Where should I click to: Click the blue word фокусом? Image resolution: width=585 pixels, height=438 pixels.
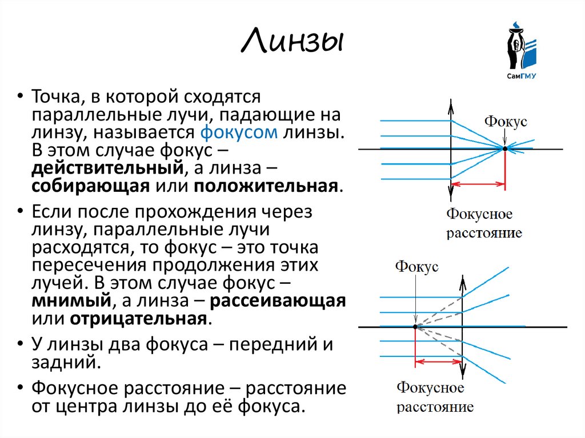pos(239,133)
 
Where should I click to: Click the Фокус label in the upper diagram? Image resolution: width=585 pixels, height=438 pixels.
pos(506,122)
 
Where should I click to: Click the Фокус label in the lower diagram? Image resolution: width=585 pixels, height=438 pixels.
pos(416,266)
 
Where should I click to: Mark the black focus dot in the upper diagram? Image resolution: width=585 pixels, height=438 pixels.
pos(505,149)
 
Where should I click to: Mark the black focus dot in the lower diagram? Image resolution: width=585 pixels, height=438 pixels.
pos(415,327)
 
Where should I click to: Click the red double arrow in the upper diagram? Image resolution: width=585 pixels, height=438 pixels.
pos(479,184)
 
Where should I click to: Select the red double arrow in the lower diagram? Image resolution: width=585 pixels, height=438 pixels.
pos(438,361)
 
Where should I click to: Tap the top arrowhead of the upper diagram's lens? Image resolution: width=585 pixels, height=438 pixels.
pos(451,105)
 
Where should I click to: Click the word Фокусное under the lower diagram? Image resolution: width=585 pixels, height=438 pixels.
pos(431,389)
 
